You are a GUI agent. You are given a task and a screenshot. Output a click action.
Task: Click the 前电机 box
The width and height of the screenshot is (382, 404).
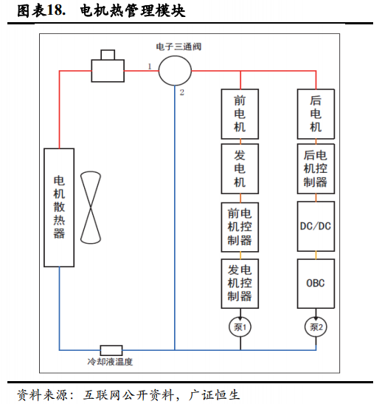(240, 114)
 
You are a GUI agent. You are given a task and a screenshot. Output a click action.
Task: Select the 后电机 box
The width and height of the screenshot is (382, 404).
(316, 114)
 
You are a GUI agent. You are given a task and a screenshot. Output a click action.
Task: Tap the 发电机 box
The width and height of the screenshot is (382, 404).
(240, 168)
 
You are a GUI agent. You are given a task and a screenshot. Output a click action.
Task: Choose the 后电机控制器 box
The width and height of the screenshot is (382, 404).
(316, 168)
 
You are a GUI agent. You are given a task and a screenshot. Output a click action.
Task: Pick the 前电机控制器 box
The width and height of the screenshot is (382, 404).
(240, 227)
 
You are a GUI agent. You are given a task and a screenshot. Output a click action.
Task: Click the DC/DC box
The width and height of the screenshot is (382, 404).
(316, 226)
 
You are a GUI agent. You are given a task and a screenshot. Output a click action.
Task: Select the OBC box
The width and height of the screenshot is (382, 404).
(316, 284)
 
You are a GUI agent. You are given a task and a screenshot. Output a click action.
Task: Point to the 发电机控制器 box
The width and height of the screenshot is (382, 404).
(240, 284)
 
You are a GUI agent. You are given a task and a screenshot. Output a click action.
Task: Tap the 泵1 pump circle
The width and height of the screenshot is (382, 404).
(240, 327)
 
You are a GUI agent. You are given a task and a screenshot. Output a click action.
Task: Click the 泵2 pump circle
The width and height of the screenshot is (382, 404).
(316, 327)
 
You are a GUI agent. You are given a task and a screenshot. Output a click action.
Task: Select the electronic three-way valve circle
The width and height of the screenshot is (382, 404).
(175, 71)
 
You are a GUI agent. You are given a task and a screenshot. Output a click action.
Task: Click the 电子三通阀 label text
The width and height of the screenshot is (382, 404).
(178, 47)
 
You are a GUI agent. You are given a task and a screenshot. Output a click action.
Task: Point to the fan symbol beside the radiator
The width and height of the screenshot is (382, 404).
(91, 208)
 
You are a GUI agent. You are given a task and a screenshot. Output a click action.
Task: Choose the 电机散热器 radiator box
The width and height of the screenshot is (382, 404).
(59, 208)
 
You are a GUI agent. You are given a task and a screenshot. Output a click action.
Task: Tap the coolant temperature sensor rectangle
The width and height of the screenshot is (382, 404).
(111, 350)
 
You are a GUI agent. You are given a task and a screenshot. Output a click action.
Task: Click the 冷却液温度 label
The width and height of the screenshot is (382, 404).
(110, 362)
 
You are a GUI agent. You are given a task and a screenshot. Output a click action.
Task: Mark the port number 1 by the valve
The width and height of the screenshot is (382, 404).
(150, 66)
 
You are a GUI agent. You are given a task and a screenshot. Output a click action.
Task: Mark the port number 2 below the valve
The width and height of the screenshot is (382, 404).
(182, 92)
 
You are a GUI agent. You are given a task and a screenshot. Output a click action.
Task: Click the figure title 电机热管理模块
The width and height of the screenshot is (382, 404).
(133, 11)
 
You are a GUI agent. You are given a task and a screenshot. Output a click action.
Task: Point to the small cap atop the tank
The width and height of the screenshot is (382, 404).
(108, 55)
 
